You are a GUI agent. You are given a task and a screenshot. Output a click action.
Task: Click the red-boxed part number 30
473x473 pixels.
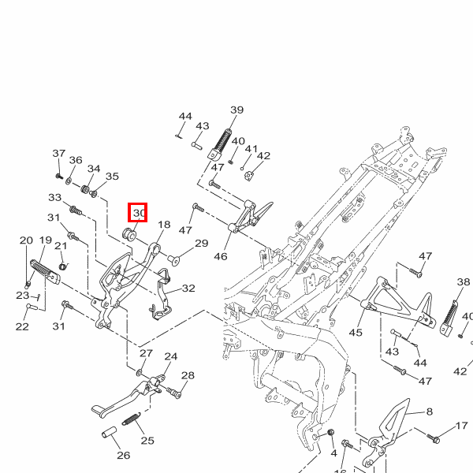click(x=139, y=213)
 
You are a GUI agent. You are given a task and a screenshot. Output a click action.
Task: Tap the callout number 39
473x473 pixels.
click(x=236, y=110)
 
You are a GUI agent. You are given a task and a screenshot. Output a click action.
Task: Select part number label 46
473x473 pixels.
click(x=221, y=256)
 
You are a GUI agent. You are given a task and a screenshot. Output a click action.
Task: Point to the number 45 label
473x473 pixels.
click(x=356, y=332)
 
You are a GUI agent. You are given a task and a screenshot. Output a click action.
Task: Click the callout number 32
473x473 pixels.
click(x=188, y=289)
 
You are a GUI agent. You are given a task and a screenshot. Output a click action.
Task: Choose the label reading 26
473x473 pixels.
click(x=123, y=455)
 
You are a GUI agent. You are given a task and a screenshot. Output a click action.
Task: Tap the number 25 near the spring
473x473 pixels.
click(x=147, y=440)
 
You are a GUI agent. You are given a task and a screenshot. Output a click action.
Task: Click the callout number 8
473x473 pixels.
click(x=430, y=412)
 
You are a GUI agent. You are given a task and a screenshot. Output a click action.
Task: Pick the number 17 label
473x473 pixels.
click(x=462, y=426)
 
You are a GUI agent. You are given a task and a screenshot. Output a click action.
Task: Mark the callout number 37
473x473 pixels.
click(x=59, y=153)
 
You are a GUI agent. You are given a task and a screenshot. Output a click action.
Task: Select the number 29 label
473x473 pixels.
click(x=201, y=244)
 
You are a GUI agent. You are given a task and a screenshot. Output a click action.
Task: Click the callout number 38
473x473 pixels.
click(x=464, y=281)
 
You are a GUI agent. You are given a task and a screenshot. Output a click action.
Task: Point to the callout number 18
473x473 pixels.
click(x=163, y=225)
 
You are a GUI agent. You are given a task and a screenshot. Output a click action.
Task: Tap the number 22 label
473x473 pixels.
click(x=22, y=326)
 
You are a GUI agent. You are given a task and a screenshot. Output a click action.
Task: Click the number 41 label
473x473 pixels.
click(x=251, y=149)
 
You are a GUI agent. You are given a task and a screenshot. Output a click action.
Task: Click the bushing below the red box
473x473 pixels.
click(x=132, y=233)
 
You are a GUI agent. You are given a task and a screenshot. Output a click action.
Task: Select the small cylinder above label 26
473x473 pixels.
click(x=108, y=433)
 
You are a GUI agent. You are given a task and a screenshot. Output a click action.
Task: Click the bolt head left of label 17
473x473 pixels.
click(x=434, y=437)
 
